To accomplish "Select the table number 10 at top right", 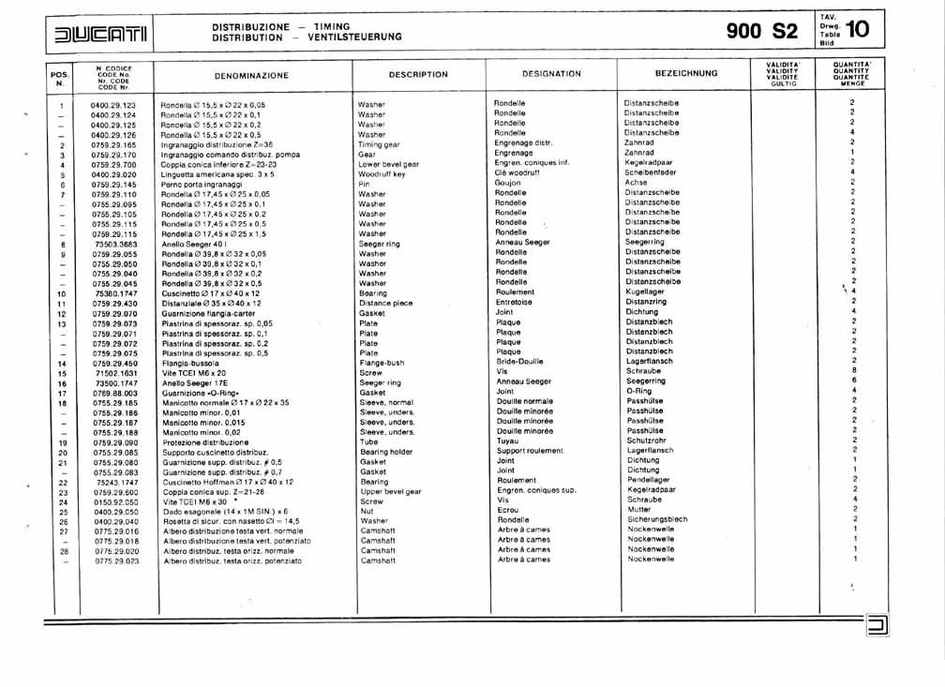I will (x=857, y=30).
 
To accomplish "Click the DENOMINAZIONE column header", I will (x=251, y=75).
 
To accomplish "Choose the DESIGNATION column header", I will (x=551, y=73).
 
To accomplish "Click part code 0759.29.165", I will (x=114, y=145).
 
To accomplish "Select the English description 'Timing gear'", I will (x=379, y=145).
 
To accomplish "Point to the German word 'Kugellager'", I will (x=646, y=292).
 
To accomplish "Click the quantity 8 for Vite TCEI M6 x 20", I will (x=854, y=371).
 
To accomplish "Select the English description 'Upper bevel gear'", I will (x=389, y=491).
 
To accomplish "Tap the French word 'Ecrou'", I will (x=508, y=510).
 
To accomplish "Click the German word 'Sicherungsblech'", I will (x=657, y=519).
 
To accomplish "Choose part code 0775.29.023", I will (x=117, y=560).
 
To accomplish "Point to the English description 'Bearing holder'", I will (x=386, y=452).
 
